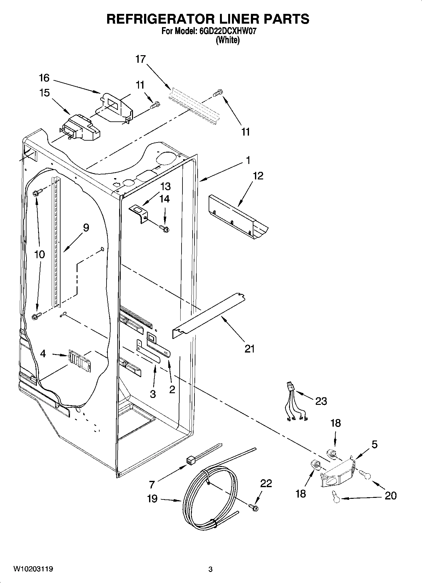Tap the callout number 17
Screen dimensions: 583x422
141,59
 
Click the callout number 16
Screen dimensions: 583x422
44,78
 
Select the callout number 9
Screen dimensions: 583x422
86,228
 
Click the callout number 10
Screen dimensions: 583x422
39,254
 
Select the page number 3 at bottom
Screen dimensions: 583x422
211,569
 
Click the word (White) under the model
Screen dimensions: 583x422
227,40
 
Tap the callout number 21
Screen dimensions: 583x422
249,349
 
